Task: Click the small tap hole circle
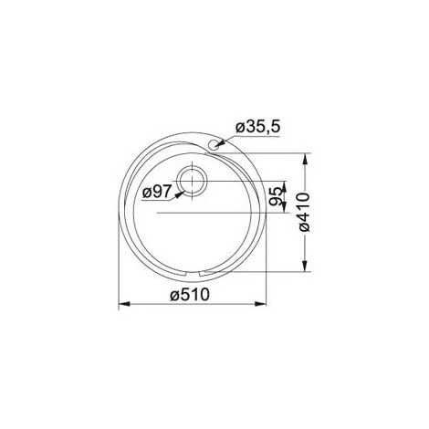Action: (214, 144)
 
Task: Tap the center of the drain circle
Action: (195, 182)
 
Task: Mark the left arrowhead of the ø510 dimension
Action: (123, 306)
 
